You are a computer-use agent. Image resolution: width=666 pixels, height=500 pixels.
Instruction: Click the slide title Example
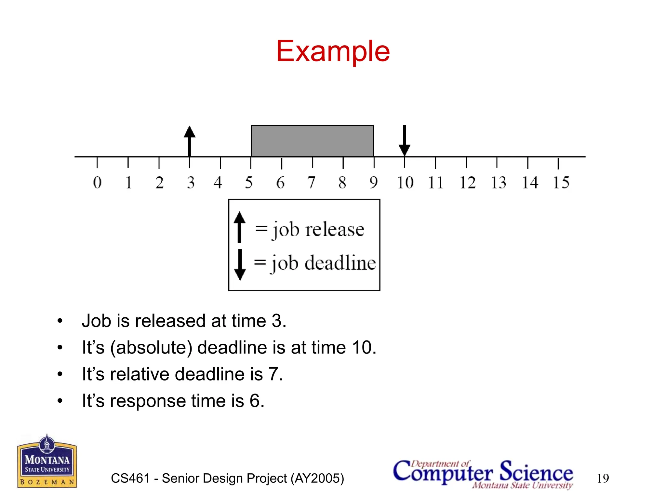[333, 51]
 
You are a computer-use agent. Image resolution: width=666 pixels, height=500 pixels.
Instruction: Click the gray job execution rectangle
[312, 141]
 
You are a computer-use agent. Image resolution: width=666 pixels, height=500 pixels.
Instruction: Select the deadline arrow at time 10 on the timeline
[404, 140]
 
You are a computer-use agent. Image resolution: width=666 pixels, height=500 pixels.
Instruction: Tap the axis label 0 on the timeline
[97, 182]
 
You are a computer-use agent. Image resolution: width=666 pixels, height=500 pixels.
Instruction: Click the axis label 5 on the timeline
[249, 182]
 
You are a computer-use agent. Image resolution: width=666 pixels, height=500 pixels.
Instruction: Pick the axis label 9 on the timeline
[374, 182]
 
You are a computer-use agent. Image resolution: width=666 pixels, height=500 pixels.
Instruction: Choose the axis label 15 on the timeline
[561, 182]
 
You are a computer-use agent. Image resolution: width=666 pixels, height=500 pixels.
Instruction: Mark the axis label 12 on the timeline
[467, 182]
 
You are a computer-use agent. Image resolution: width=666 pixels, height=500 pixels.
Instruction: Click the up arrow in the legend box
[239, 227]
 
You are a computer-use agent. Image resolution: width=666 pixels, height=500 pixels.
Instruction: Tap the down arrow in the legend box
[240, 265]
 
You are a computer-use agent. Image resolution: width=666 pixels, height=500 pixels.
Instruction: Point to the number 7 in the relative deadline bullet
[273, 374]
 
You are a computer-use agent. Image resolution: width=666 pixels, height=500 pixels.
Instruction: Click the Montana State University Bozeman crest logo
[47, 462]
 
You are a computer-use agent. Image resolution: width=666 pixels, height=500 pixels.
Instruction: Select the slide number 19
[603, 478]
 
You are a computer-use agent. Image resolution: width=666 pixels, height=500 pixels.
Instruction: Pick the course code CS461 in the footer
[130, 478]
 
